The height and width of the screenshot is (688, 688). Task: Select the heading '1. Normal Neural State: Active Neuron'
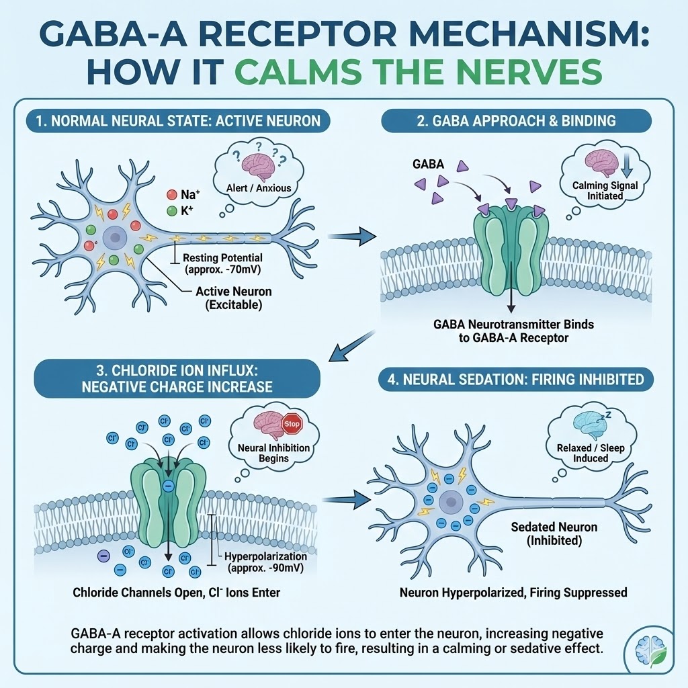(178, 122)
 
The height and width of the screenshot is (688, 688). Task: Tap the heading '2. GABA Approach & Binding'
(516, 122)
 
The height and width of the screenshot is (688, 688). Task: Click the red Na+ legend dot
(171, 194)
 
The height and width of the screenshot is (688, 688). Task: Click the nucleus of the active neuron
(116, 238)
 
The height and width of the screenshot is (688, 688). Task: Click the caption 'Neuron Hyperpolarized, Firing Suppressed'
(513, 593)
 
